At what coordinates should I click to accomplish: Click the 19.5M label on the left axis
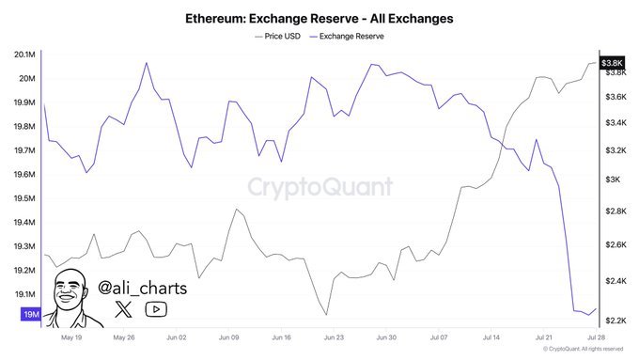click(23, 198)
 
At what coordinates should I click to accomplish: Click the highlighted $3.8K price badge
click(613, 61)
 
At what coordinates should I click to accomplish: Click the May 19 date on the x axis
click(71, 336)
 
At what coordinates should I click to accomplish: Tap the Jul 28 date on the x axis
click(595, 336)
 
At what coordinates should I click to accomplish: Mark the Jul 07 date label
click(439, 336)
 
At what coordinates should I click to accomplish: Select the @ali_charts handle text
click(141, 286)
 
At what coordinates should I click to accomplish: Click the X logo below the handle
click(124, 308)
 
